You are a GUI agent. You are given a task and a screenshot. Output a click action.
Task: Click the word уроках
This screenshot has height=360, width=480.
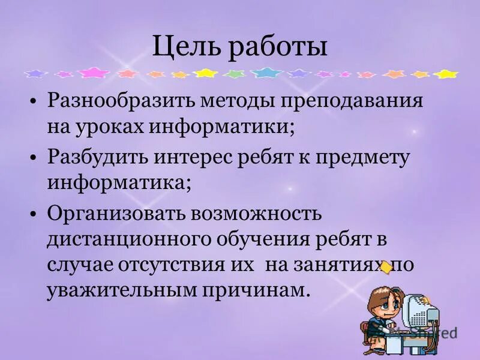[x=111, y=127]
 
